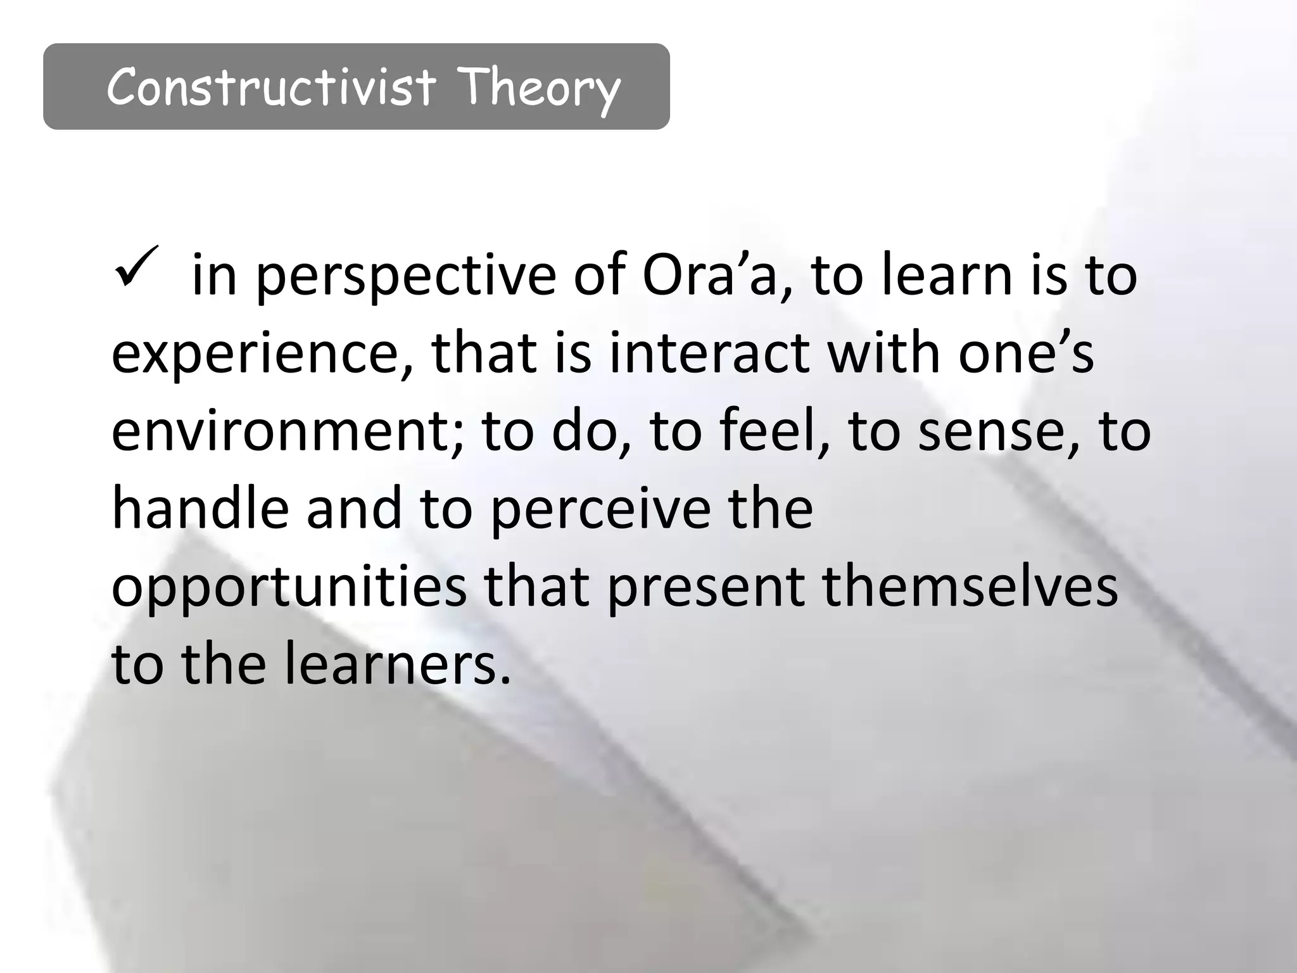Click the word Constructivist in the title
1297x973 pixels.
point(271,87)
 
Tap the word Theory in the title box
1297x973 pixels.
point(538,89)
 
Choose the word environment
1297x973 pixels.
point(288,431)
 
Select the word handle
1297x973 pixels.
point(200,508)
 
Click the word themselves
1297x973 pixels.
point(970,587)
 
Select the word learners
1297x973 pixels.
point(397,664)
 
